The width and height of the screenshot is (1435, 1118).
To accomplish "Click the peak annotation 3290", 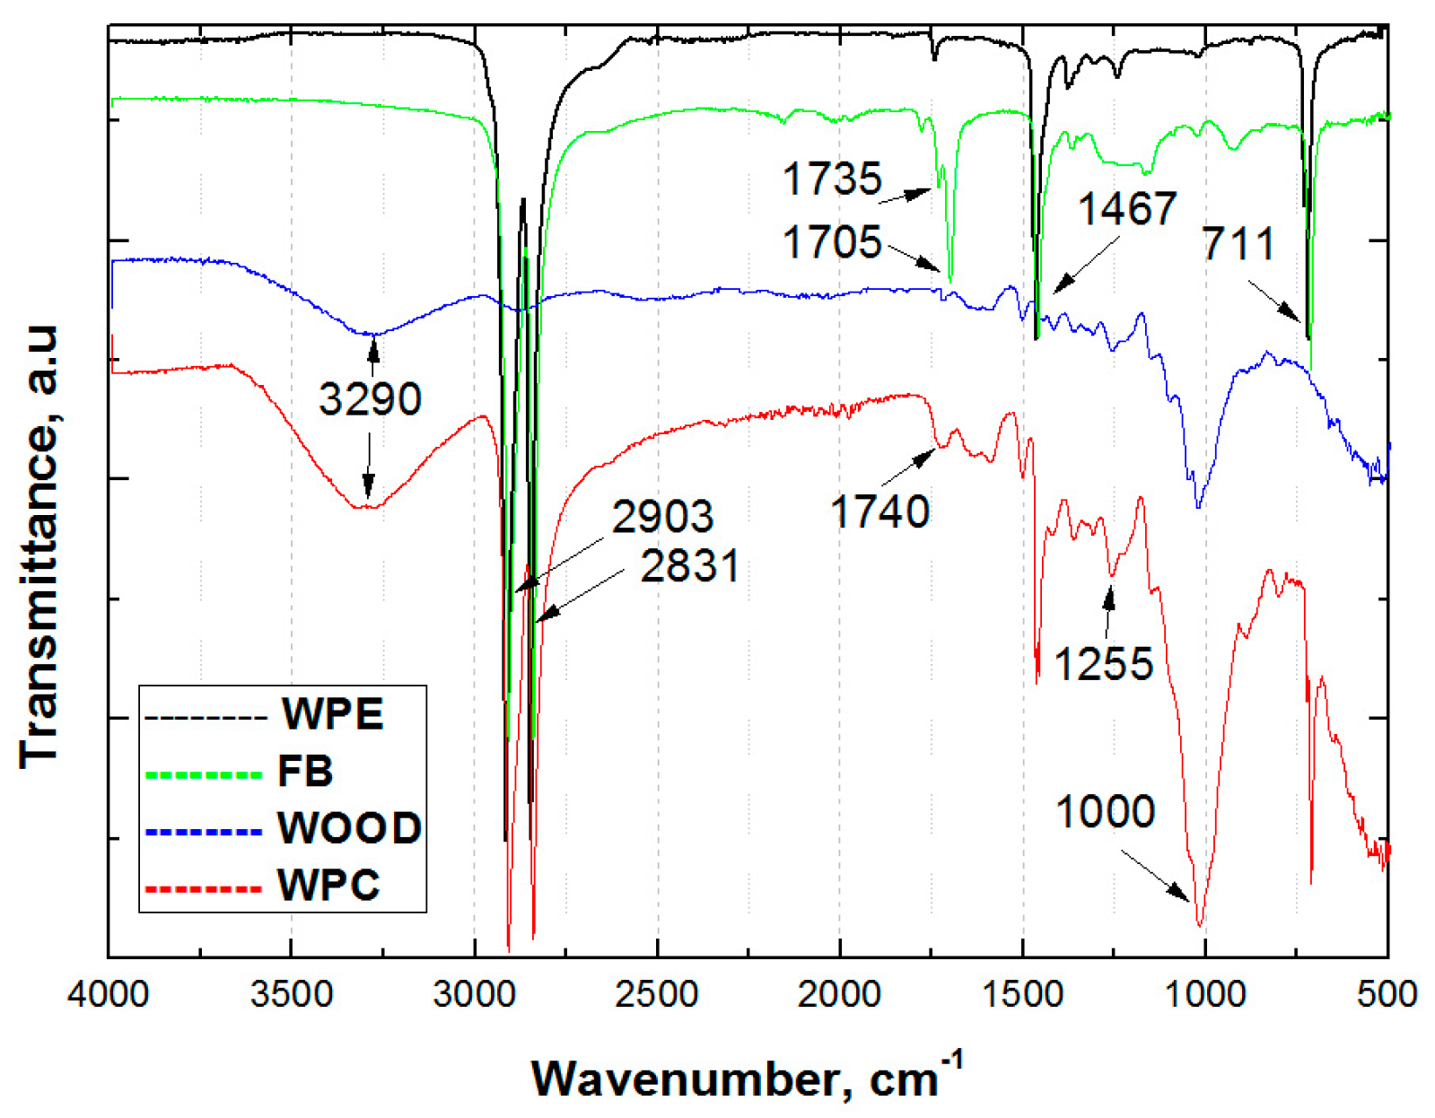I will (x=370, y=398).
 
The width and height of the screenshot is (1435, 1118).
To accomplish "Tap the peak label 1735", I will (x=832, y=179).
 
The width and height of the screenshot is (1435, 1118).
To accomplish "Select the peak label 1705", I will (x=832, y=242).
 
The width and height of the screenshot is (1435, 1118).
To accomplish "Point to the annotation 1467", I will (x=1126, y=209).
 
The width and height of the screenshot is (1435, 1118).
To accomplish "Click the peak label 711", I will (x=1238, y=244).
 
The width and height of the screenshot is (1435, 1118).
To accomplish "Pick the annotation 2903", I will (x=662, y=516).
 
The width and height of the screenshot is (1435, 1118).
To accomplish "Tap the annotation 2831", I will (x=690, y=565).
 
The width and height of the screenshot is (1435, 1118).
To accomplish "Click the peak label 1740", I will (x=879, y=512).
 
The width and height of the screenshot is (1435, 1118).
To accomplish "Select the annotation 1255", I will (x=1103, y=664).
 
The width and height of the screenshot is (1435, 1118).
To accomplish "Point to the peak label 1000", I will (x=1105, y=811).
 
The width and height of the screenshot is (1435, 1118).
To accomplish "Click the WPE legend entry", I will (x=332, y=714).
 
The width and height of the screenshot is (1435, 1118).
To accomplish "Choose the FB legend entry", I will (x=305, y=771).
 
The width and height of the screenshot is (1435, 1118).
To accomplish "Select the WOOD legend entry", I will (x=349, y=827).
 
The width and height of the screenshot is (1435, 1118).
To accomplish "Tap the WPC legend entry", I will (x=328, y=885).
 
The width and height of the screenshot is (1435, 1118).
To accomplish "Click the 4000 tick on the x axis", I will (x=109, y=993).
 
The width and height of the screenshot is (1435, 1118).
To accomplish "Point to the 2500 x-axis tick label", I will (x=657, y=993).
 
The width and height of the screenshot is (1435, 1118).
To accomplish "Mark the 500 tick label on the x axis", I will (x=1387, y=993).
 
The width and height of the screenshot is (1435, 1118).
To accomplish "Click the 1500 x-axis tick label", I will (x=1022, y=993).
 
